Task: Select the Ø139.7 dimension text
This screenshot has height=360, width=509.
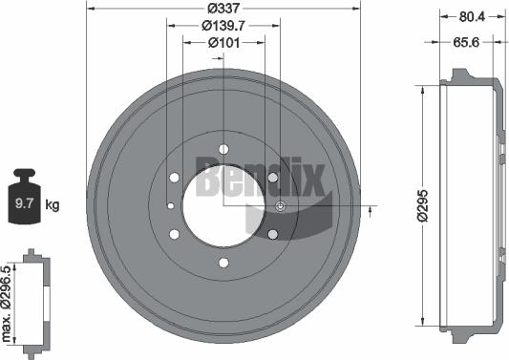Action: (x=223, y=26)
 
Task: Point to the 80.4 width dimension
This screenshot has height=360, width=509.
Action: (x=471, y=14)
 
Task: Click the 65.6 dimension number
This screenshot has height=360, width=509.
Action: (x=465, y=43)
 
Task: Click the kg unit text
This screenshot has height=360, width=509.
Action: (x=53, y=204)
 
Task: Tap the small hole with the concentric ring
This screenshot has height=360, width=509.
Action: (x=280, y=206)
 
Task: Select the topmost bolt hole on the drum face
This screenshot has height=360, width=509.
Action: (x=223, y=148)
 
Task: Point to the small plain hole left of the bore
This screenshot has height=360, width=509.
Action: (x=169, y=206)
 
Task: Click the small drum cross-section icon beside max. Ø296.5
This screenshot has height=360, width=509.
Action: (x=32, y=301)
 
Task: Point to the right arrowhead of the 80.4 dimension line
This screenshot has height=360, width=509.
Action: (x=502, y=15)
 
